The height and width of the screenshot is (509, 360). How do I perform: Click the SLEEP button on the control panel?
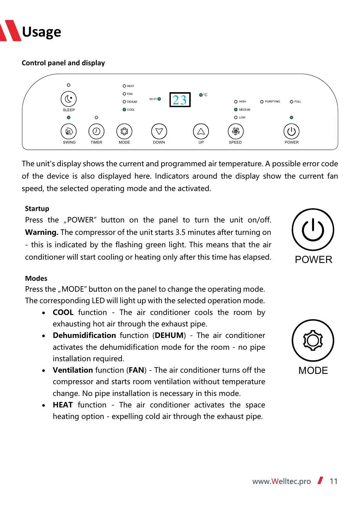click(x=69, y=99)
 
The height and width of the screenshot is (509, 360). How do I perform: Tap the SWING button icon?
click(x=69, y=131)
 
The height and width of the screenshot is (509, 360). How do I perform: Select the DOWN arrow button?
click(x=159, y=131)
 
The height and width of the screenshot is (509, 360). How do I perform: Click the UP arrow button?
click(x=201, y=131)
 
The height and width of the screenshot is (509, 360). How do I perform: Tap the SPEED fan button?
click(x=235, y=131)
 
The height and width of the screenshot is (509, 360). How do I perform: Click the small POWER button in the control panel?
click(x=291, y=131)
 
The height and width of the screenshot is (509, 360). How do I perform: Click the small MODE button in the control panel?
click(x=124, y=131)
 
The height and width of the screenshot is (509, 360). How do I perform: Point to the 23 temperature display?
click(x=180, y=100)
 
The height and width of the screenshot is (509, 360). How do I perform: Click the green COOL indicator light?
click(x=124, y=110)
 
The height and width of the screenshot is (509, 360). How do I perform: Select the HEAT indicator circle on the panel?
click(x=124, y=86)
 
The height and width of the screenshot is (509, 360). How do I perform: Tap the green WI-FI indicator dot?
click(x=159, y=99)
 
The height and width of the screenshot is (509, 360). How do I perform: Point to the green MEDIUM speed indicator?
click(x=236, y=110)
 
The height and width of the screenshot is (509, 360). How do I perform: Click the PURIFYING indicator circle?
click(x=262, y=102)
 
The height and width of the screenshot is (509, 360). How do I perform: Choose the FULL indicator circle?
click(x=291, y=102)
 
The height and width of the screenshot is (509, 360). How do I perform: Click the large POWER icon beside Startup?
click(x=313, y=230)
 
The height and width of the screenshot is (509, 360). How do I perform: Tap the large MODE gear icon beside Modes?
click(x=313, y=341)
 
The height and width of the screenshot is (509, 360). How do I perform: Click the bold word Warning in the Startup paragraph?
click(x=42, y=232)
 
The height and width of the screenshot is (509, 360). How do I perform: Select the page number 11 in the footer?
click(x=333, y=481)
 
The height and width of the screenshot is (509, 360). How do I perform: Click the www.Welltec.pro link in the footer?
click(x=281, y=481)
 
